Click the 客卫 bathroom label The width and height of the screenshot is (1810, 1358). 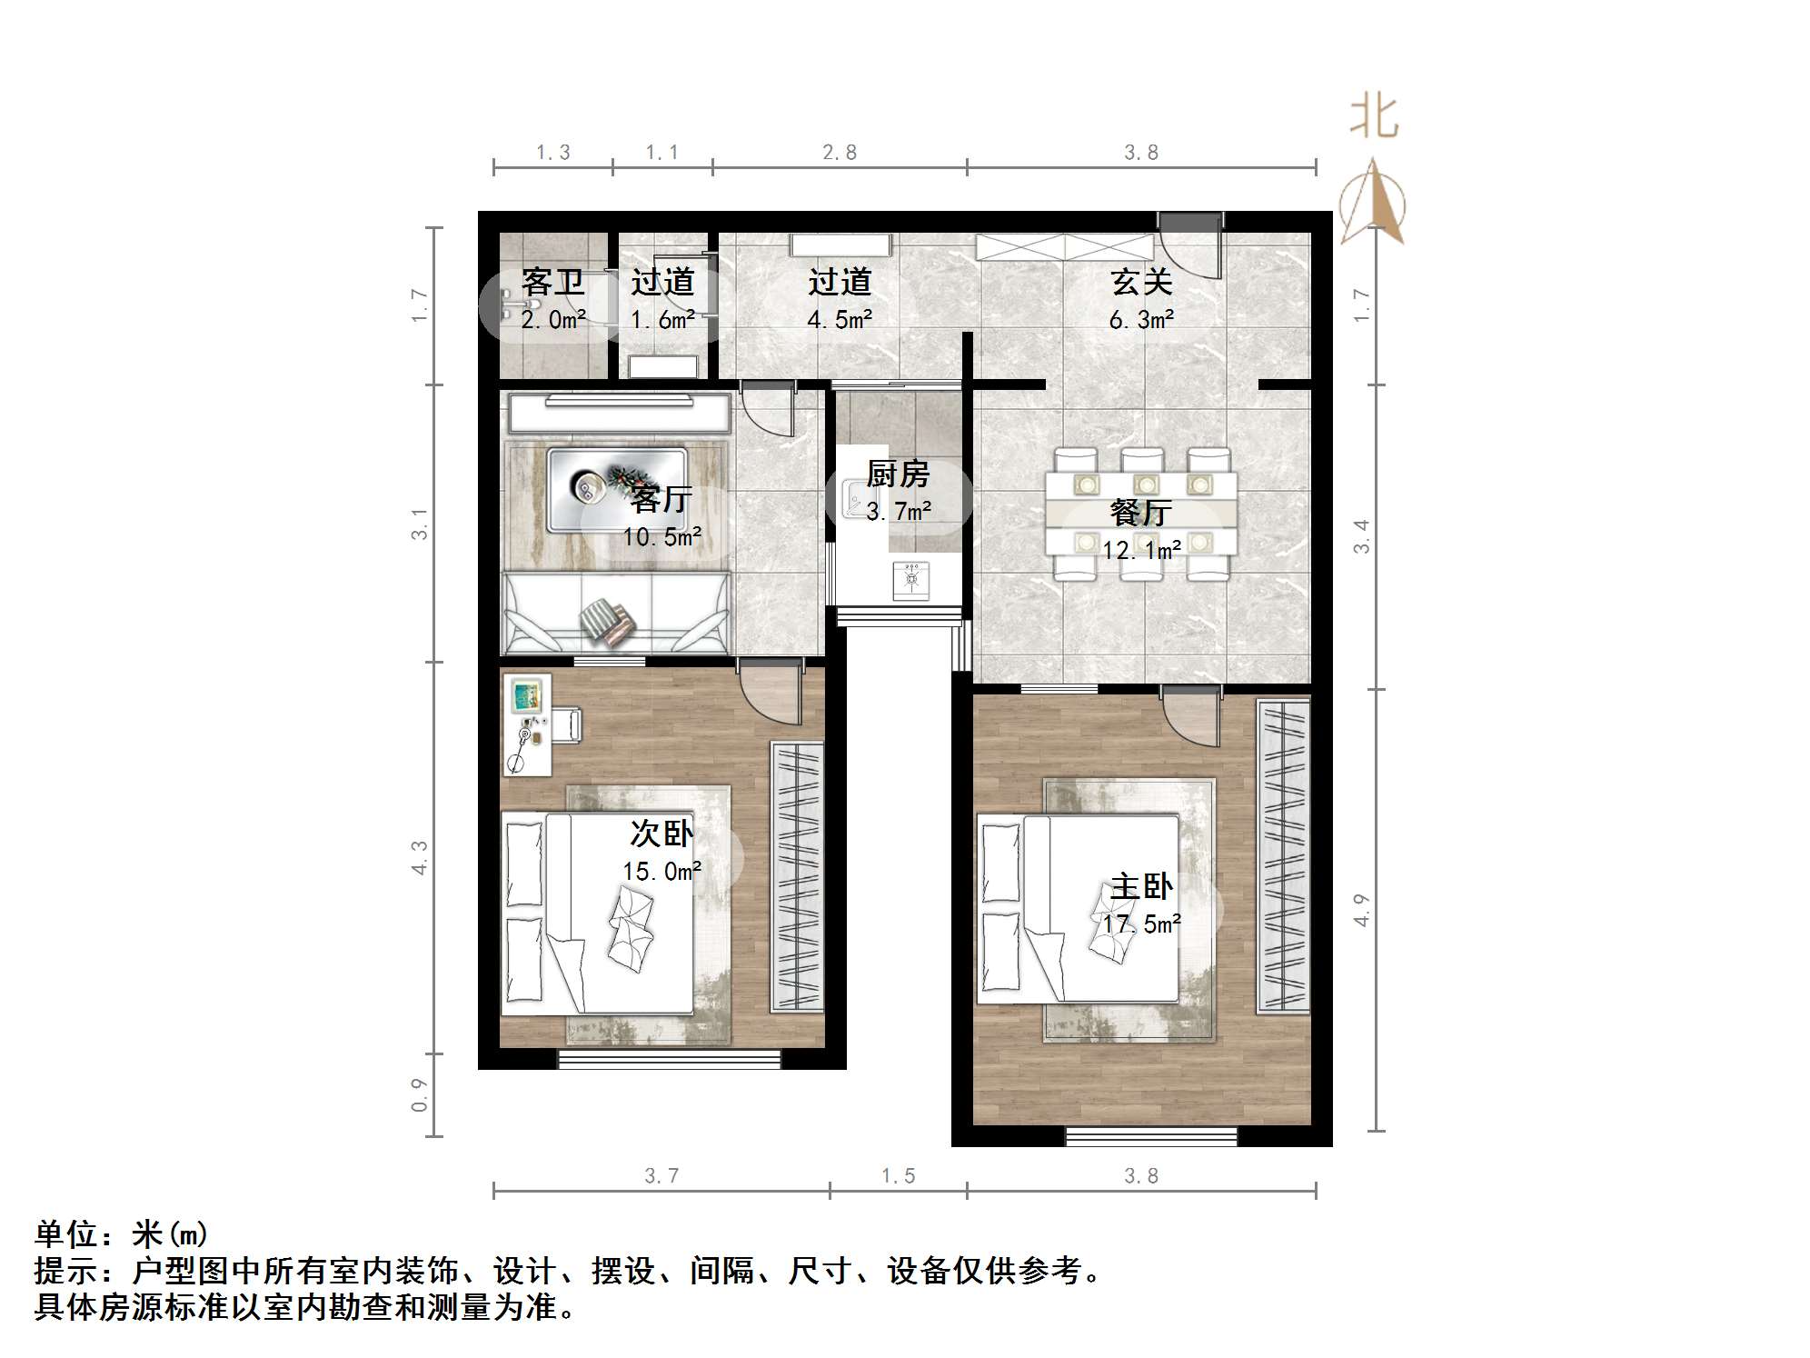[552, 283]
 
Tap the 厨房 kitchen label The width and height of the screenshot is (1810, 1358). [897, 474]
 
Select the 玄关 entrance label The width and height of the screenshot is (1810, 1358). [1141, 283]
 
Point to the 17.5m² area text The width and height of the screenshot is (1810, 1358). [1141, 924]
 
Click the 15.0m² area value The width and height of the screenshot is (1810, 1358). [661, 872]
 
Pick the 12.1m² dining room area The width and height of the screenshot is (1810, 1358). [1141, 550]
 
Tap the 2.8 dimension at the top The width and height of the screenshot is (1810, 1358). [840, 153]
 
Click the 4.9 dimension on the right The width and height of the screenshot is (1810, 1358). [1360, 910]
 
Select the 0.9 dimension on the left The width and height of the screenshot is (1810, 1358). [419, 1094]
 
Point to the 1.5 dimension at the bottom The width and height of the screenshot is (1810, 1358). [898, 1176]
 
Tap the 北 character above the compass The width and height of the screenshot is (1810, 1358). [1373, 118]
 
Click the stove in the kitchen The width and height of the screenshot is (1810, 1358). [911, 580]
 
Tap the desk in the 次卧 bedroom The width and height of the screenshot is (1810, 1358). [526, 724]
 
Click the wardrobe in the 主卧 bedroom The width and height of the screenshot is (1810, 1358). [1283, 854]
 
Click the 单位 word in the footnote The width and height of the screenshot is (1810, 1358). [65, 1234]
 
